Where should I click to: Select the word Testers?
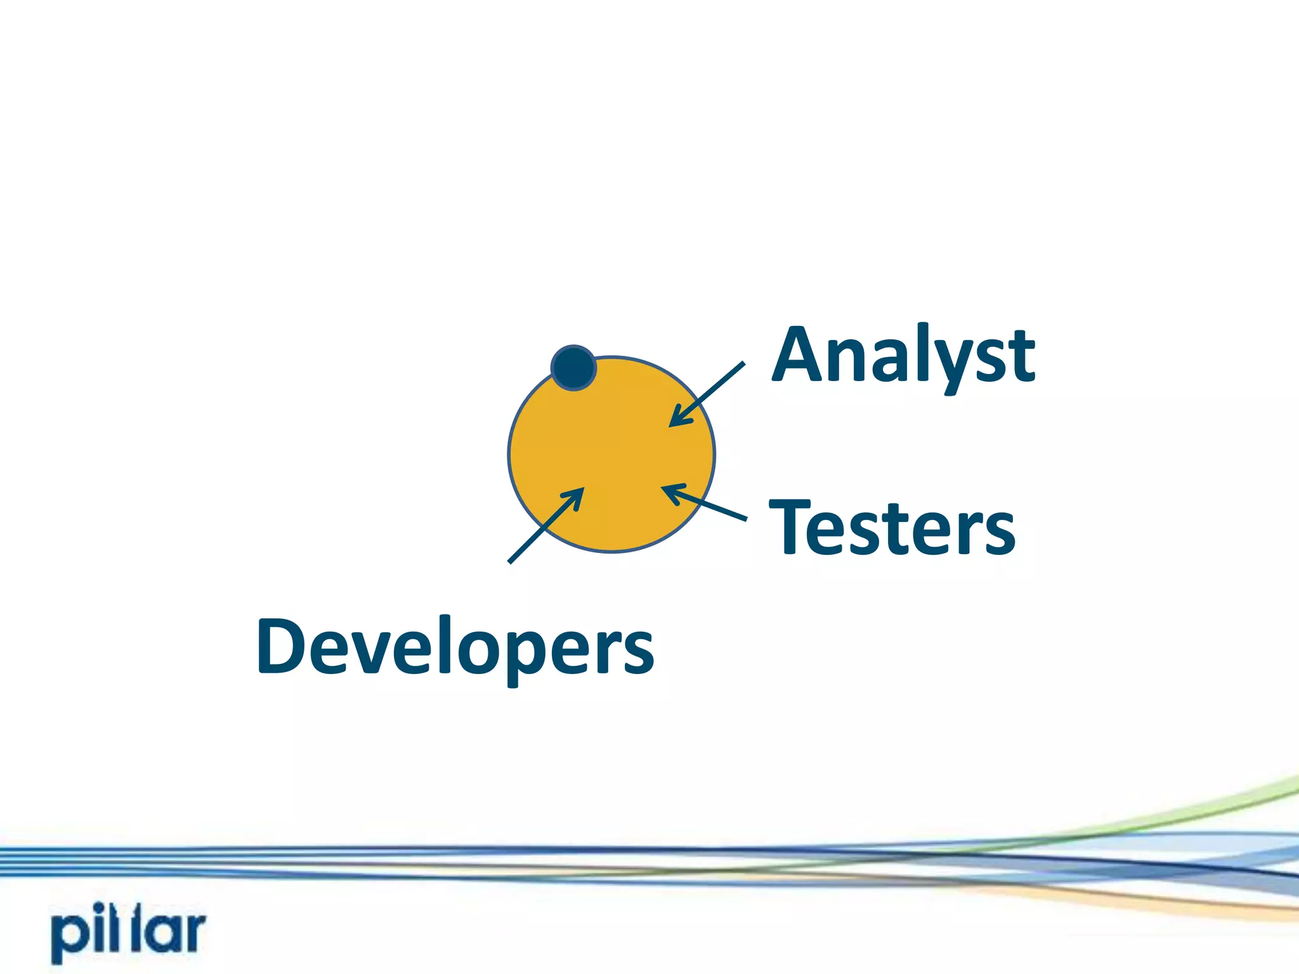pos(892,528)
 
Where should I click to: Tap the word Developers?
pos(455,647)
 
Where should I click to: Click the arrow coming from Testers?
pos(704,503)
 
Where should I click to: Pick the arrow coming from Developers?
pos(545,525)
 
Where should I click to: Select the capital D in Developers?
pos(283,646)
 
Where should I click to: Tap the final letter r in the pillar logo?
pos(192,932)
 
